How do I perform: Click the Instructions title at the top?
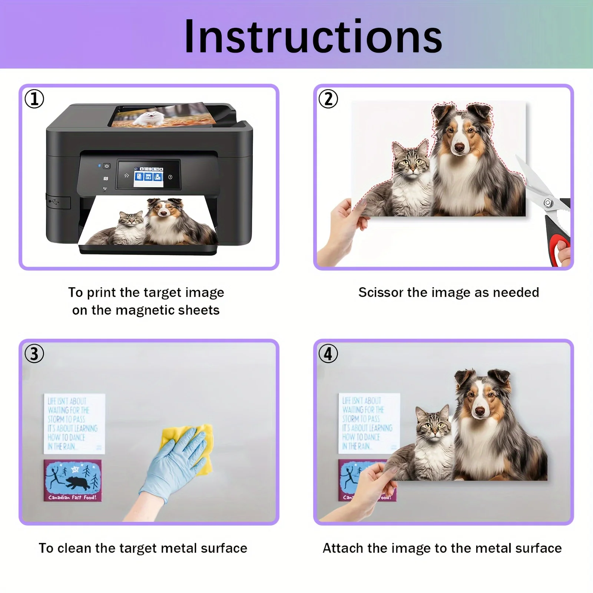313,36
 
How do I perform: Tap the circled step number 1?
34,99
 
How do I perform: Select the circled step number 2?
328,99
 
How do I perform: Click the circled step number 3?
34,354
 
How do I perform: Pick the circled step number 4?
328,354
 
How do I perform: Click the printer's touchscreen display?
149,175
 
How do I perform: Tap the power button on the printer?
107,166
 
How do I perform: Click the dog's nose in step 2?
459,148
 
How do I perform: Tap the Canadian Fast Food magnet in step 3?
73,481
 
